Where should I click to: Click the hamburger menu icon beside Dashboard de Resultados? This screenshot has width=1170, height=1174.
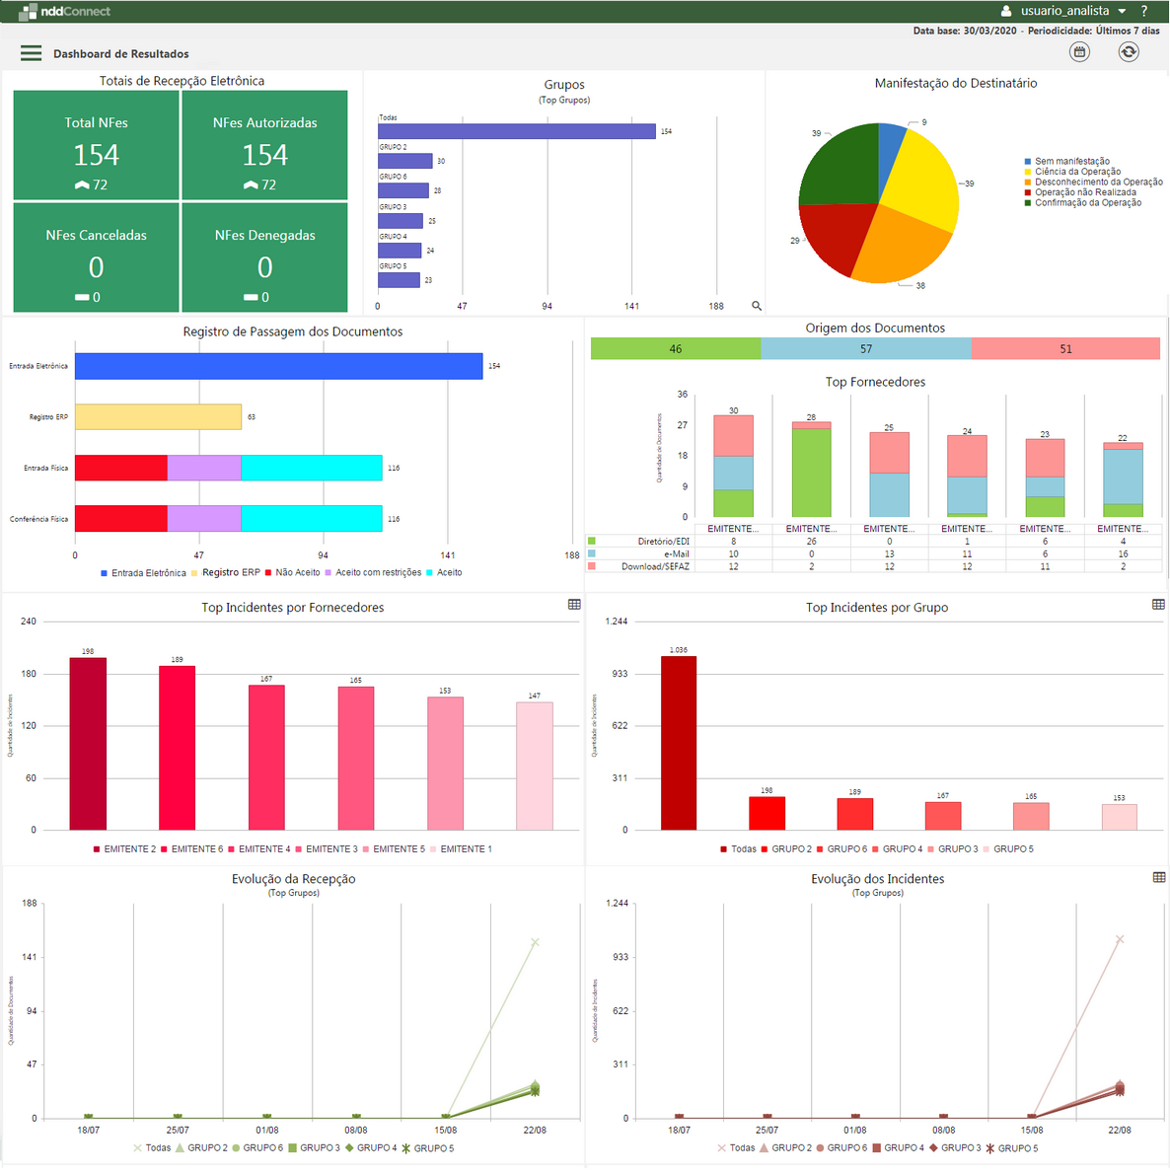(32, 53)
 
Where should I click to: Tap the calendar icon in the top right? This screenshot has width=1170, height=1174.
(1080, 52)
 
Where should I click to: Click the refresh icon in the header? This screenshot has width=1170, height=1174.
(1129, 52)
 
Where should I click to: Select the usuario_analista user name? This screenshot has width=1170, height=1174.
(1064, 11)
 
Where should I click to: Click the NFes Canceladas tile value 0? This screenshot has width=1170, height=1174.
(96, 267)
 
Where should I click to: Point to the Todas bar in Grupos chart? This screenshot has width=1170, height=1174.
(516, 131)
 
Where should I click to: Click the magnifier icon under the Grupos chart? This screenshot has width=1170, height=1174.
(757, 306)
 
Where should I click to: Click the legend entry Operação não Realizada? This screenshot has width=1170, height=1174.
(1085, 192)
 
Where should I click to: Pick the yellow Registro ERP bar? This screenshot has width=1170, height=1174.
(158, 417)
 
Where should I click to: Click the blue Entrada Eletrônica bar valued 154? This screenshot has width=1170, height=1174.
(278, 366)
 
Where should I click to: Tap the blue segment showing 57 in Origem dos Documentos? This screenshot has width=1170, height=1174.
(865, 349)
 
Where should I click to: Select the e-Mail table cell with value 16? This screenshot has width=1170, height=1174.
(1123, 554)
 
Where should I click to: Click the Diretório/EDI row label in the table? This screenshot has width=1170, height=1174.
(663, 542)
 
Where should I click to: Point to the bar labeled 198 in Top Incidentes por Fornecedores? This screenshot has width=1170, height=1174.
(88, 744)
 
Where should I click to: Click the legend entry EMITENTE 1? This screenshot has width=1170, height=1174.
(466, 849)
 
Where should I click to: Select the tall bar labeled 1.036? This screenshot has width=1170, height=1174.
(679, 743)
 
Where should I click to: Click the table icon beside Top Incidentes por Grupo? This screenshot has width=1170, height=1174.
(1158, 605)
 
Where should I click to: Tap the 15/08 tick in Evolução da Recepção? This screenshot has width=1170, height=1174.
(445, 1130)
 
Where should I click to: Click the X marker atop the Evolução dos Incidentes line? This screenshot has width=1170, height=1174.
(1120, 939)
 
